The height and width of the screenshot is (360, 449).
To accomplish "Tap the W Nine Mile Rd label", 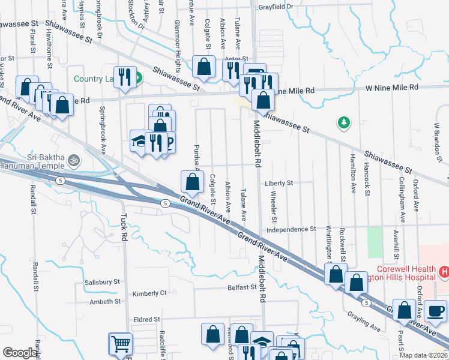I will [392, 88].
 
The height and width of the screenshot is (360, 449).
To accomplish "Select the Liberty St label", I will [279, 182].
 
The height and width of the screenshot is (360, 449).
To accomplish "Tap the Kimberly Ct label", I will [149, 293].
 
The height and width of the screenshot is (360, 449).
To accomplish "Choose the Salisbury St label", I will [102, 281].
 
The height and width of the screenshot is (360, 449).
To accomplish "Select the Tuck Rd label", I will [124, 228].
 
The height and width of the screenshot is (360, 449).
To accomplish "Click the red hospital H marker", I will [444, 272].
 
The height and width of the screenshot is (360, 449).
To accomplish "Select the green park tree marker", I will [343, 123].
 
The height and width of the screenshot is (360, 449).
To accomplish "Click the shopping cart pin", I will [120, 344].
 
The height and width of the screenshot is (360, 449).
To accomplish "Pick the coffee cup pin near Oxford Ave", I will [435, 311].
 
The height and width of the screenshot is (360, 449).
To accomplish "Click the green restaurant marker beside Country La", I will [138, 77].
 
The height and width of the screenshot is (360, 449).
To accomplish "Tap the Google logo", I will [20, 353].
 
